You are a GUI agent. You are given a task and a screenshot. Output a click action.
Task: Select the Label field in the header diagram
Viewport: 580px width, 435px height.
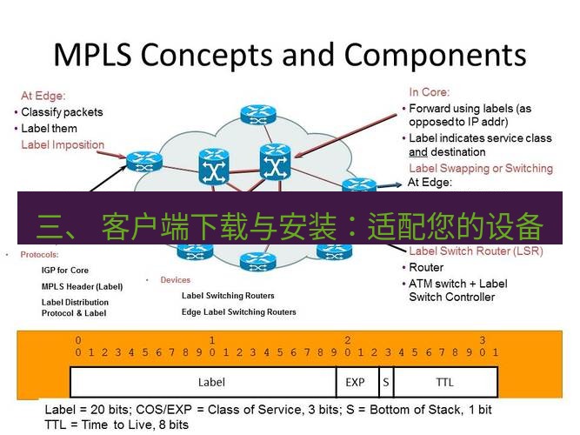211,382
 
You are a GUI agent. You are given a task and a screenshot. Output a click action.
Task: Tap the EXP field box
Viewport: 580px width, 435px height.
355,382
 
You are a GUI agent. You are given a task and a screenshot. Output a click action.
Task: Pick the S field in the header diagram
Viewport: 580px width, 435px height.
385,382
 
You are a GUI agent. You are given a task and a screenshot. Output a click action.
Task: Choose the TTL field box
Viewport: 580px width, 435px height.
444,382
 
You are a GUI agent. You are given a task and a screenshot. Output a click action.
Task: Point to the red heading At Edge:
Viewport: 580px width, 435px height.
43,97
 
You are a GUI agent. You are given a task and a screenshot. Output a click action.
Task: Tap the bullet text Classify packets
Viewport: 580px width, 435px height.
62,112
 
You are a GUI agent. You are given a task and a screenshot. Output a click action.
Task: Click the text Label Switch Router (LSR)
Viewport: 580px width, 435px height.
476,251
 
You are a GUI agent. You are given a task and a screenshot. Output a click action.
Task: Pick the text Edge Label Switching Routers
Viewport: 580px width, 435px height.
238,311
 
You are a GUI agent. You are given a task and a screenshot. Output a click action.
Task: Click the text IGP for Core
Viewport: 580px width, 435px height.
65,271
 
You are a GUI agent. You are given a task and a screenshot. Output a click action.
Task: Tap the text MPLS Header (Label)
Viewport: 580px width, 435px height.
82,286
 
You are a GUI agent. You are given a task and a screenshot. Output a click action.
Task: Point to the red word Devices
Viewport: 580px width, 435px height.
175,280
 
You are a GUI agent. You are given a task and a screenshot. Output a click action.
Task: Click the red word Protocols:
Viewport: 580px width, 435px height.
39,255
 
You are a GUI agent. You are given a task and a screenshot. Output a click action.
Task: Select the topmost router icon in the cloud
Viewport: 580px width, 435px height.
256,114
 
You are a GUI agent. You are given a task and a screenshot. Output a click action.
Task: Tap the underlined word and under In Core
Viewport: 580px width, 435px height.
418,151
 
